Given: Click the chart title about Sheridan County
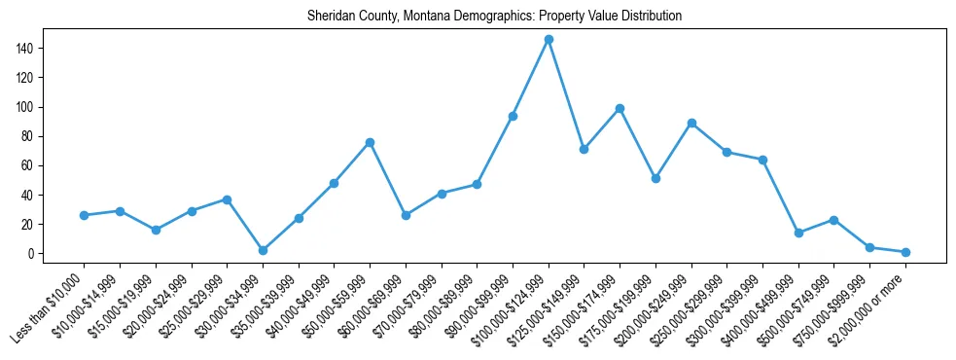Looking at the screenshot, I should [x=494, y=17].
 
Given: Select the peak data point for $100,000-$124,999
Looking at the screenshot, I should [x=549, y=39].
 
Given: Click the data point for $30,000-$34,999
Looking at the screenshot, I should [x=263, y=250].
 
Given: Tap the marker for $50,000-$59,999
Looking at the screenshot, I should [x=370, y=142].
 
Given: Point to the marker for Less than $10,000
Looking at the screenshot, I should [x=84, y=215].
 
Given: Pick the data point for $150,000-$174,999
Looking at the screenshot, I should [x=620, y=108].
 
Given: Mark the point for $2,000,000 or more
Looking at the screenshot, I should [x=905, y=252].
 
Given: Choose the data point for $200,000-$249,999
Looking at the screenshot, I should [x=691, y=123].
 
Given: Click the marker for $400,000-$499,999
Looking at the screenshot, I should [x=798, y=233].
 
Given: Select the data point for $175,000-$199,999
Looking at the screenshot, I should [x=655, y=178].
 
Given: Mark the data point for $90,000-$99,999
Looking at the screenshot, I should [x=513, y=116].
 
